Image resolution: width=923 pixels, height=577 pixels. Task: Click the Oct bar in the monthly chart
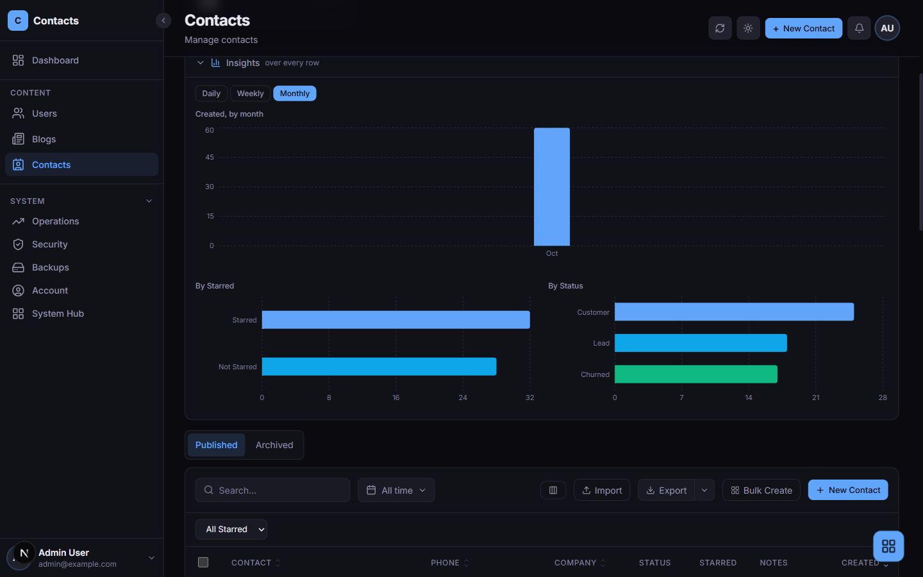(x=552, y=187)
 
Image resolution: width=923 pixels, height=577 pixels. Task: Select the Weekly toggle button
(x=250, y=94)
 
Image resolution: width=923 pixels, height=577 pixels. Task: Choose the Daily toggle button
(x=211, y=94)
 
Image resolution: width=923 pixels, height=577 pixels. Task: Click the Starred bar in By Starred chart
(x=395, y=320)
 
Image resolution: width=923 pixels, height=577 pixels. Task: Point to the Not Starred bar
(x=379, y=367)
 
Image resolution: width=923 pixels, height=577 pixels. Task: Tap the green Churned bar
(x=696, y=374)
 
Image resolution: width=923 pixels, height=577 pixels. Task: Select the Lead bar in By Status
(x=701, y=343)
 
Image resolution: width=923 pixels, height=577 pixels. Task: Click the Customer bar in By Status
(x=735, y=312)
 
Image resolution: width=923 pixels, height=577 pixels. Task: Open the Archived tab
(x=274, y=445)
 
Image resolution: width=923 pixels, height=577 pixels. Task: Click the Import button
(x=602, y=490)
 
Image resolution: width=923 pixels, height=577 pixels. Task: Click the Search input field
(x=273, y=490)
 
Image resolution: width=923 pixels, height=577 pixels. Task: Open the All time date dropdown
(x=396, y=490)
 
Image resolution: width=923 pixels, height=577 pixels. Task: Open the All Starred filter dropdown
(x=231, y=529)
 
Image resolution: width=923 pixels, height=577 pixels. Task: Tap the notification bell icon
(x=859, y=28)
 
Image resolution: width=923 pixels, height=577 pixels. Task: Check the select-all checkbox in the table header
(x=203, y=562)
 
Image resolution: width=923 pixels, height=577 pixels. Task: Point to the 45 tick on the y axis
(x=210, y=157)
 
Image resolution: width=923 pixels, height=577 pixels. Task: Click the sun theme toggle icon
(x=748, y=28)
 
